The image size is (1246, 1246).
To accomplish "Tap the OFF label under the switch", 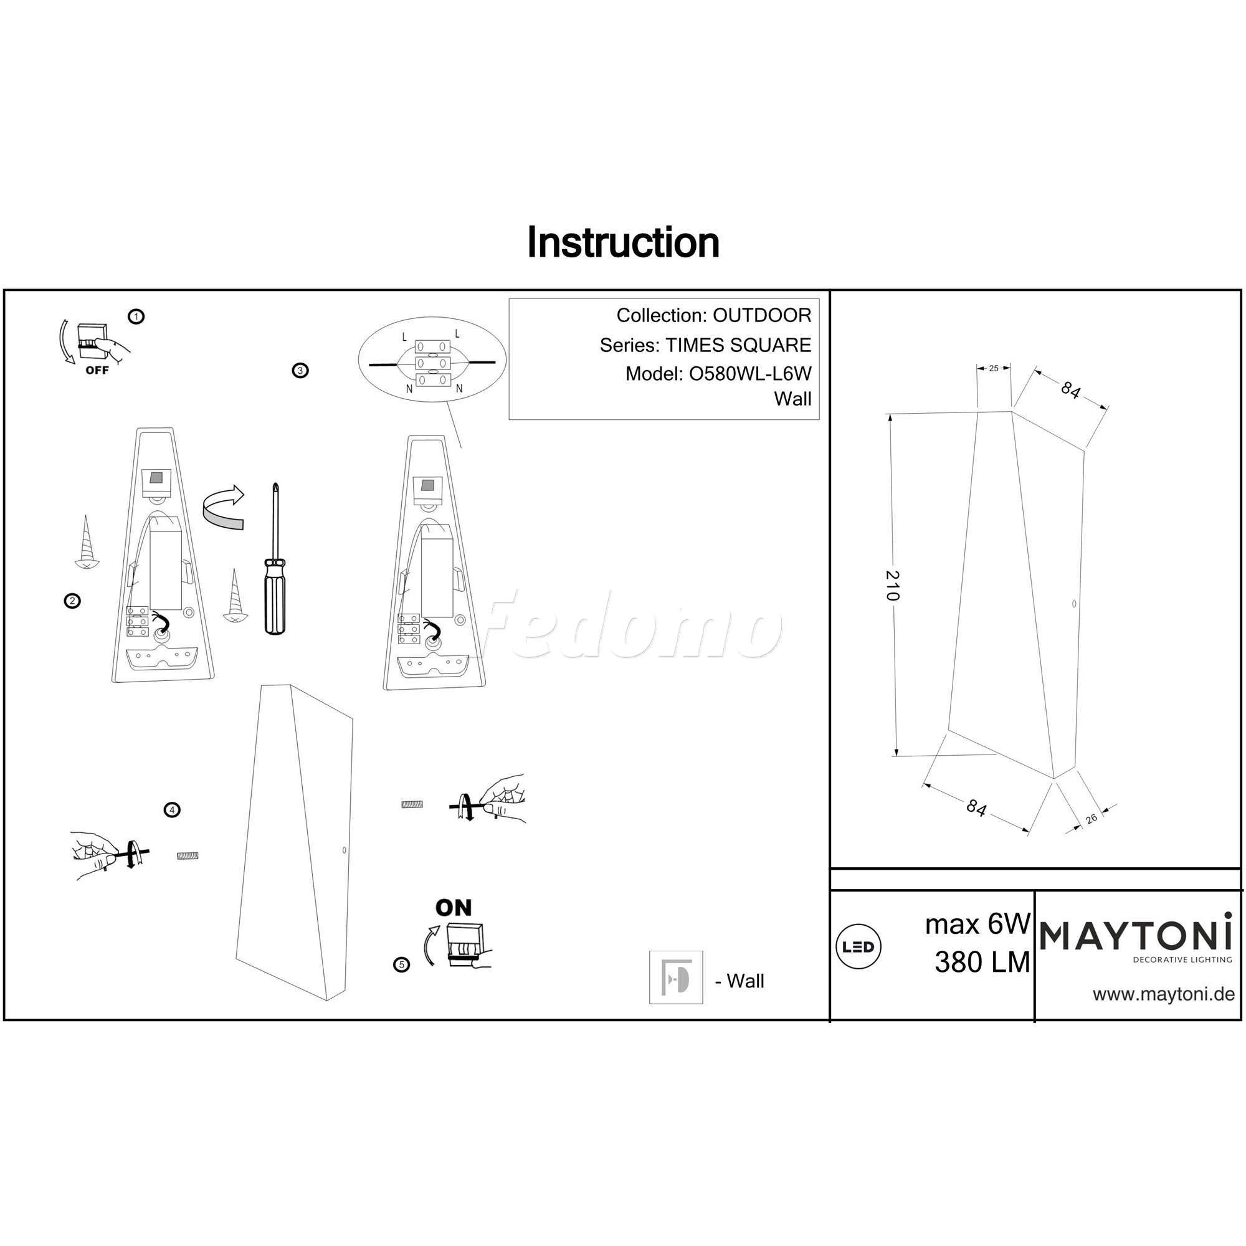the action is coord(97,371).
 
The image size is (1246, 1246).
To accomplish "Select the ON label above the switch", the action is coord(454,908).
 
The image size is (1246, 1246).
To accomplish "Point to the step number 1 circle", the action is coord(136,316).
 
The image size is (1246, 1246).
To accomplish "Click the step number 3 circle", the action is coord(300,370).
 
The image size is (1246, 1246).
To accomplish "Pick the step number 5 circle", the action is coord(402,965).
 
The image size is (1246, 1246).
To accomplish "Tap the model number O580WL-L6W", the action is coord(750,373).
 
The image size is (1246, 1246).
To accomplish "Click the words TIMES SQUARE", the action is coord(738,345).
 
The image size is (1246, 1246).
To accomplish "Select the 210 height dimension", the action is coord(892,586).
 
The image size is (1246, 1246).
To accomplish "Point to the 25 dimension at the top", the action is coord(993,368).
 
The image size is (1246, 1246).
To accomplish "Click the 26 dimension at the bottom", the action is coord(1091,819).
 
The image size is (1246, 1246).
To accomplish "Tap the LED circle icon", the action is coord(858,947).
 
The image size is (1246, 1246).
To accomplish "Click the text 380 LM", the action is coord(982,963).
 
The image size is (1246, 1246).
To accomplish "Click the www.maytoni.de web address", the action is coord(1163,994).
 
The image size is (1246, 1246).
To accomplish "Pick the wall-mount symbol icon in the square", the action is coord(676,977).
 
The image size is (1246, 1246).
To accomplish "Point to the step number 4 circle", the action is coord(171,810).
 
